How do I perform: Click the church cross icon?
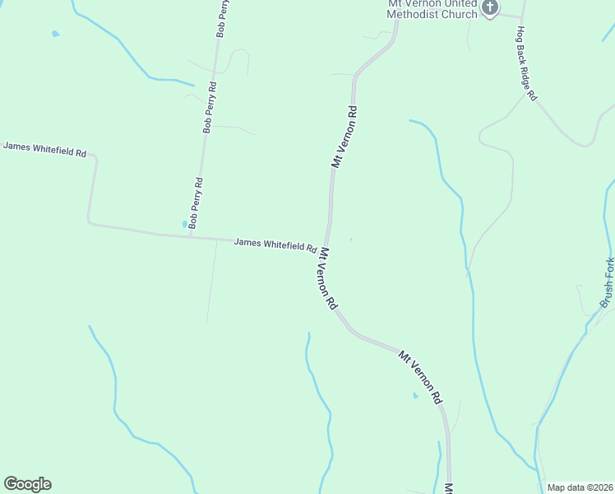490,8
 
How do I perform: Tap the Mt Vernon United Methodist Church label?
432,9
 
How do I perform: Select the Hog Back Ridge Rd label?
526,63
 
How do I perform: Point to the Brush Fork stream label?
607,283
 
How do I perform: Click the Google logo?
27,484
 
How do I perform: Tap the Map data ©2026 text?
580,487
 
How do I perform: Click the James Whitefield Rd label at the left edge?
44,149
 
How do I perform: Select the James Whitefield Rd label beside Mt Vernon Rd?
275,245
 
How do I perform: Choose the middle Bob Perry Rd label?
210,108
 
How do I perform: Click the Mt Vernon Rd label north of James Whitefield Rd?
344,137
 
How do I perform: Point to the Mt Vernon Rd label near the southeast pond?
420,378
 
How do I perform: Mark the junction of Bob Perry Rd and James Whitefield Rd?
191,237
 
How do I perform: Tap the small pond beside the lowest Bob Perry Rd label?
184,224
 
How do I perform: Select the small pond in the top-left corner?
55,34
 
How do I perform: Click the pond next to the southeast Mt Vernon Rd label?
415,396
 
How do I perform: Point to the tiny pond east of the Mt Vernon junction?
350,240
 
